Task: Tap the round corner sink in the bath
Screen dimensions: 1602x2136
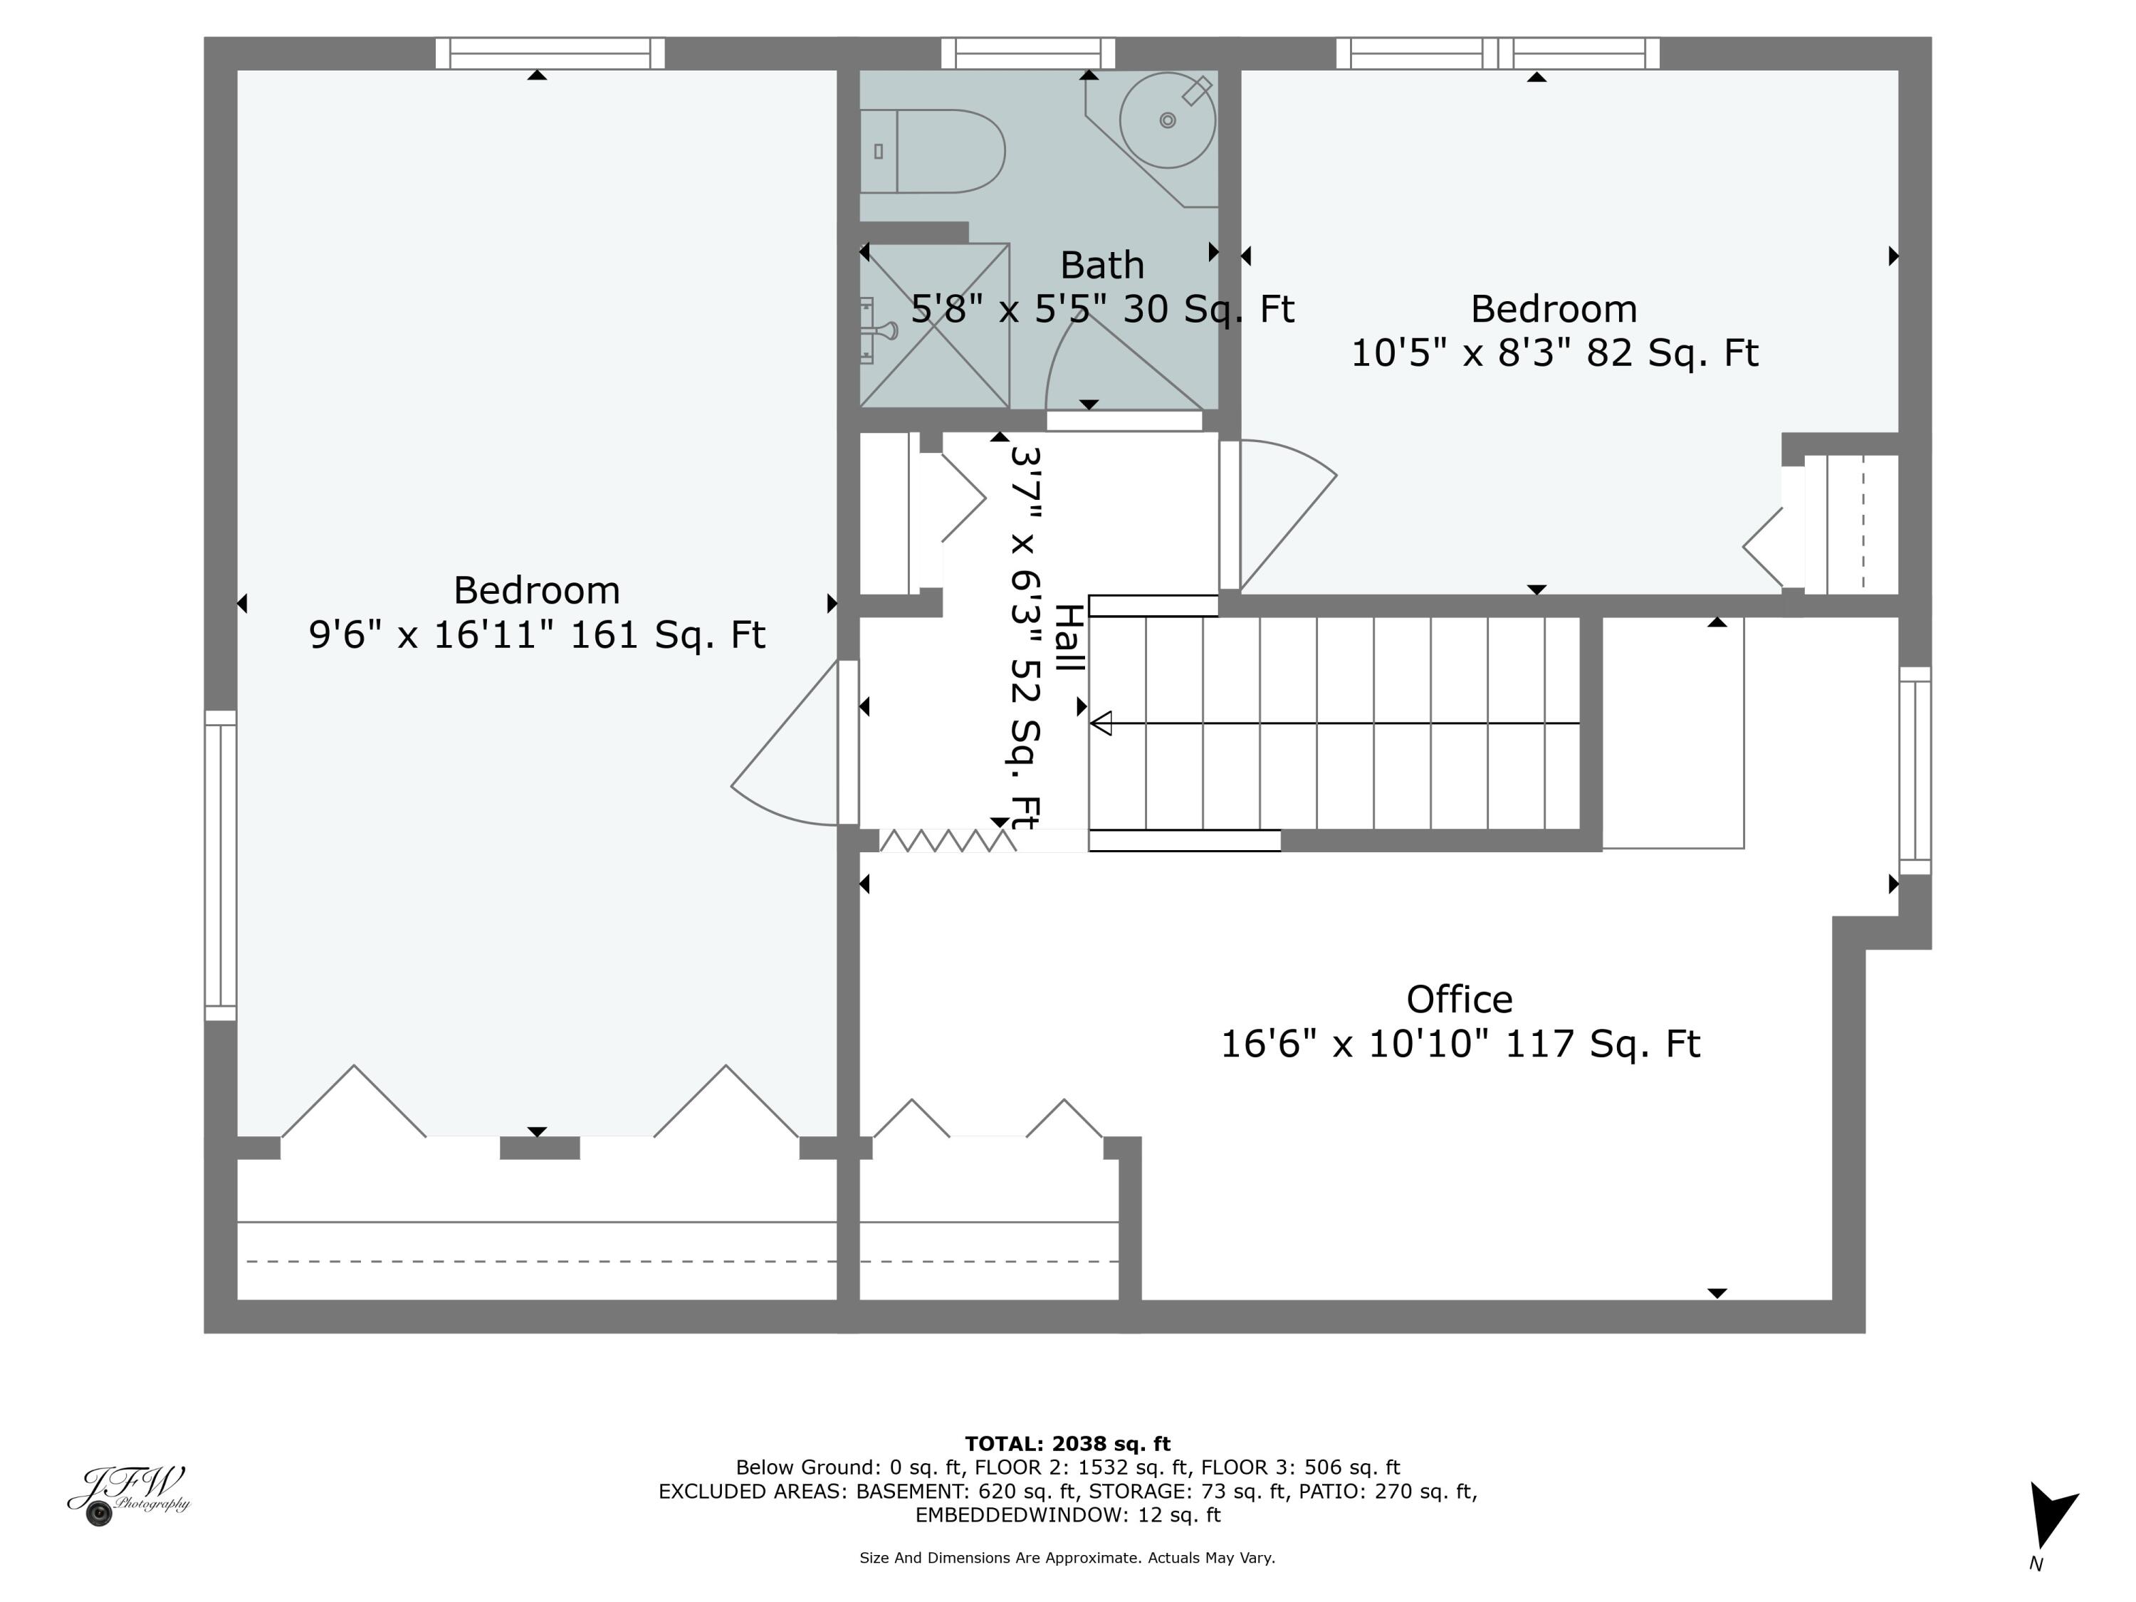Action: coord(1166,121)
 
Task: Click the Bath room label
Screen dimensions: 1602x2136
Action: coord(1101,266)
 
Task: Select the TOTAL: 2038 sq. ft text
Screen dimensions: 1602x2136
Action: coord(1067,1444)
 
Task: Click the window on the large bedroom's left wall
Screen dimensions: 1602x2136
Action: coord(220,865)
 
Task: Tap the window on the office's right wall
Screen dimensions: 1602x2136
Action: coord(1915,770)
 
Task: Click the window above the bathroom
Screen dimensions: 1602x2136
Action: coord(1027,53)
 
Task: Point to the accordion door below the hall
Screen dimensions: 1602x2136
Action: coord(947,841)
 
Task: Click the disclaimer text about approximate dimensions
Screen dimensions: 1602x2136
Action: coord(1067,1558)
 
